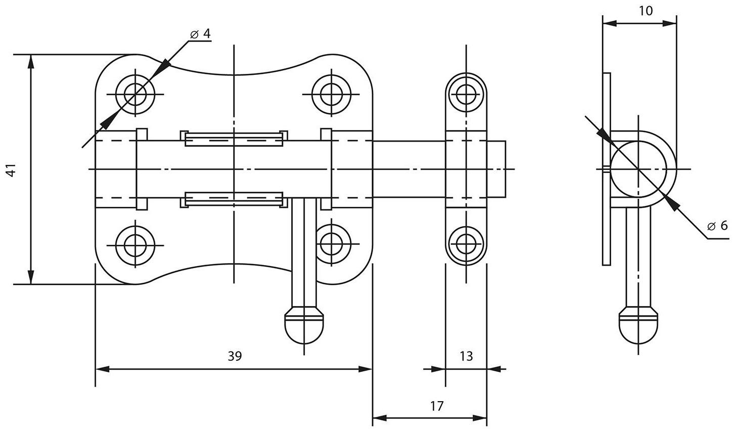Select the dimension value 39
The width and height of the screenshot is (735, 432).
pyautogui.click(x=234, y=356)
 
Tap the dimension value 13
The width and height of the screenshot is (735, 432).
pyautogui.click(x=466, y=356)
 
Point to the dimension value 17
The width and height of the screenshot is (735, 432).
pyautogui.click(x=437, y=406)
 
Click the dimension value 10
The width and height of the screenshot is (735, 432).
pyautogui.click(x=646, y=11)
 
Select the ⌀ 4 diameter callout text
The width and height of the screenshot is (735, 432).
pyautogui.click(x=201, y=33)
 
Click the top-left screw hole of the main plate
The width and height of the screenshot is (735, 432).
pyautogui.click(x=135, y=94)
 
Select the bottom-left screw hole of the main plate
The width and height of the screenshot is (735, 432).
pyautogui.click(x=135, y=244)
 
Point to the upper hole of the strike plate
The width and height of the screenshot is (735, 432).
pyautogui.click(x=466, y=94)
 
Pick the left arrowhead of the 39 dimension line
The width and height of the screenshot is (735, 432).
pyautogui.click(x=101, y=369)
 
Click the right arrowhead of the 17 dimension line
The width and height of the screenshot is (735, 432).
pyautogui.click(x=481, y=418)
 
